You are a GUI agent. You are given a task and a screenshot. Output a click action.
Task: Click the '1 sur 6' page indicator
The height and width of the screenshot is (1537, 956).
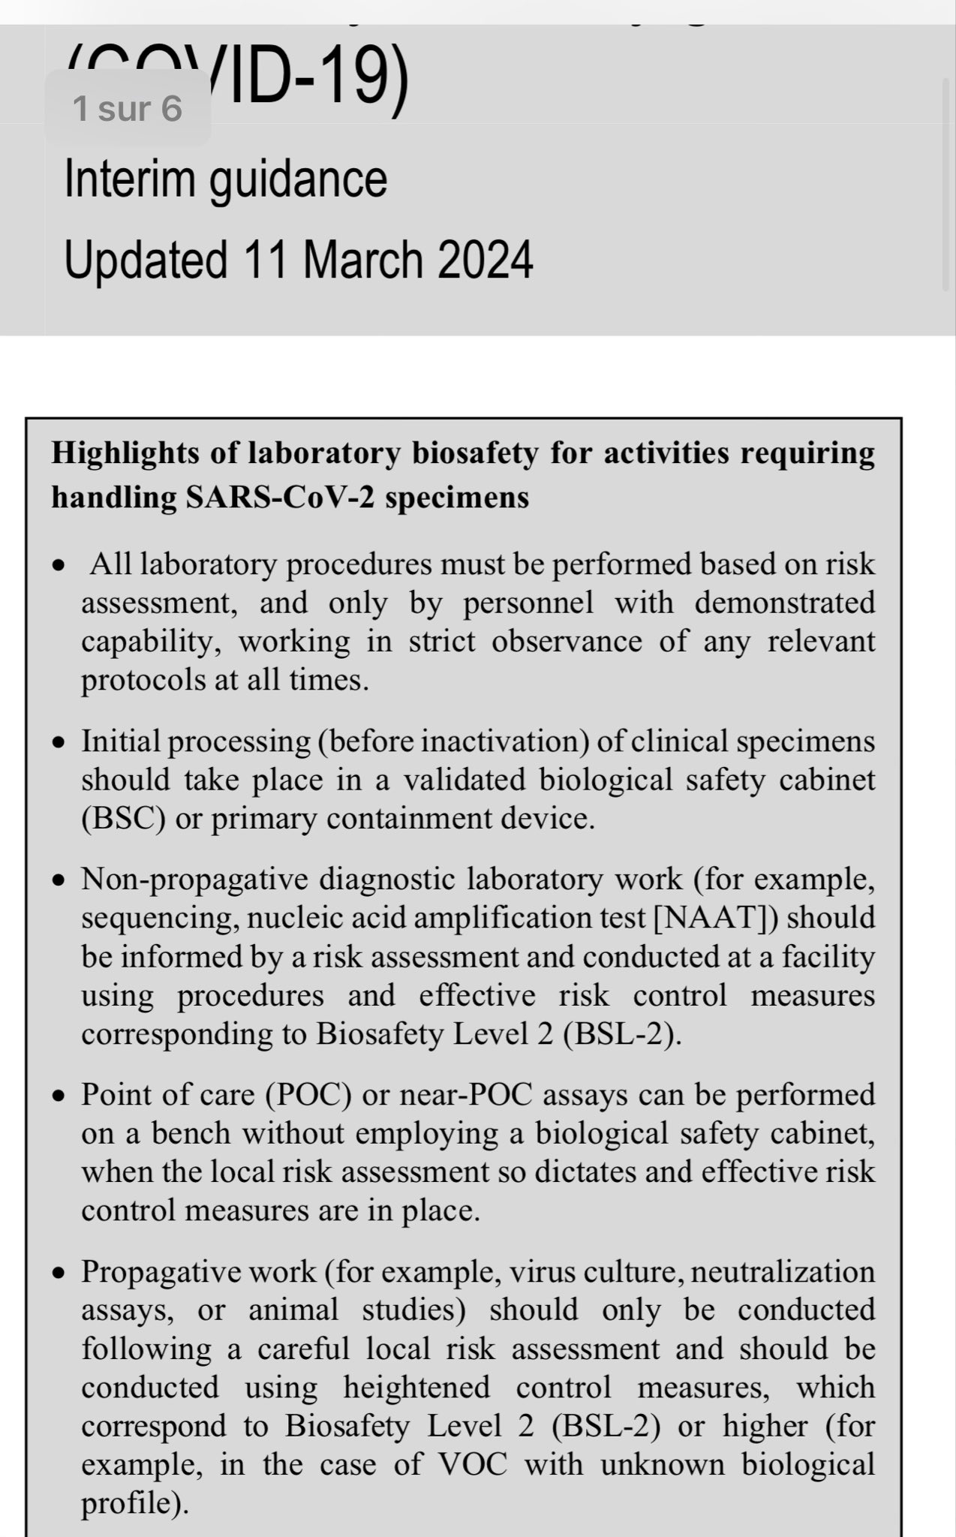tap(128, 108)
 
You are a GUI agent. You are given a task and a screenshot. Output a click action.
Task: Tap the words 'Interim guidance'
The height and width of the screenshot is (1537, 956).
tap(226, 179)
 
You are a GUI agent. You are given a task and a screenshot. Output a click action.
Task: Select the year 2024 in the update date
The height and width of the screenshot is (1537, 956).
tap(485, 260)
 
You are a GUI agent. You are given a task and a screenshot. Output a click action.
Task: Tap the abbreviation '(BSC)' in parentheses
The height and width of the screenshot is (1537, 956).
tap(123, 818)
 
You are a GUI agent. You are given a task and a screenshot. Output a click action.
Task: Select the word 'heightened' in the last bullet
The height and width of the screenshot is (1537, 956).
tap(416, 1387)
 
